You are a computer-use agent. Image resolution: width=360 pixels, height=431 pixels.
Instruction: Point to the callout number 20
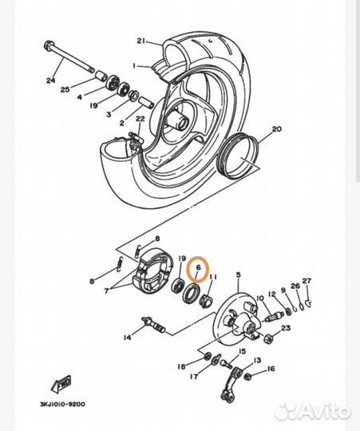[x=255, y=129]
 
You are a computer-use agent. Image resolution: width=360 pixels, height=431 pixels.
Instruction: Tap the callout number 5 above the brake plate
[x=237, y=275]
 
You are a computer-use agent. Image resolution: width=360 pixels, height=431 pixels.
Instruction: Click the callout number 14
[x=127, y=338]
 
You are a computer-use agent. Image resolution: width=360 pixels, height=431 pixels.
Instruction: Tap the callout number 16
[x=271, y=369]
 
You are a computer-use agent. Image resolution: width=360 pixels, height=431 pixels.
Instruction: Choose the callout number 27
[x=307, y=282]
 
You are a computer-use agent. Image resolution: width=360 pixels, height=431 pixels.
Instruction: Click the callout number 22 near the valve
[x=140, y=120]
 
